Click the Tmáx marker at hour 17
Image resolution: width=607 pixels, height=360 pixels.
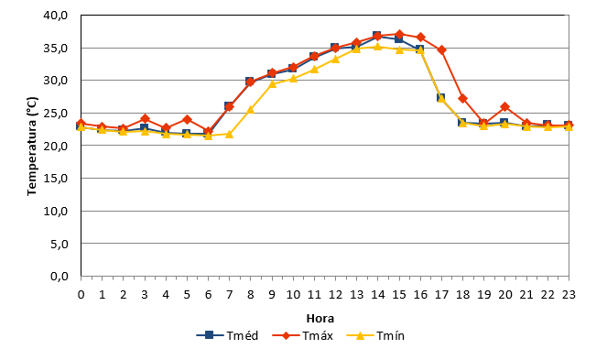tap(441, 50)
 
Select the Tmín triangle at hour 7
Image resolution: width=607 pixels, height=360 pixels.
tap(229, 134)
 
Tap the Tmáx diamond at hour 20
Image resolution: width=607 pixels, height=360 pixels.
tap(504, 106)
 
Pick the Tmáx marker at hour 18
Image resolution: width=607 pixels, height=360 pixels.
tap(462, 98)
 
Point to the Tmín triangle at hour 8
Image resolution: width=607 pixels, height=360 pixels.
tap(251, 110)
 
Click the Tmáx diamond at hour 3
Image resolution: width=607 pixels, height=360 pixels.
tap(145, 118)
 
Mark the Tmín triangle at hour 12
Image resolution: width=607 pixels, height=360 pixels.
tap(335, 59)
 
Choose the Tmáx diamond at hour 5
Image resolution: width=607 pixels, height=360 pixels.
tap(187, 119)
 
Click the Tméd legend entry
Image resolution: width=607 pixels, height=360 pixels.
tap(227, 335)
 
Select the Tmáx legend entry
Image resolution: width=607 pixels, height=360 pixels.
tap(303, 335)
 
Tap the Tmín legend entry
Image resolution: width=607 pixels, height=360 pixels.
tap(375, 335)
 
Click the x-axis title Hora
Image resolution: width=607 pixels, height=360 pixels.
tap(320, 319)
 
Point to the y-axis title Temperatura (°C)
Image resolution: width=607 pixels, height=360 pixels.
tap(32, 146)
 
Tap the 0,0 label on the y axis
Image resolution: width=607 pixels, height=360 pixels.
tap(60, 277)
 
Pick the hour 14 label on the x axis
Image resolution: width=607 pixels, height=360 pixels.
tap(378, 295)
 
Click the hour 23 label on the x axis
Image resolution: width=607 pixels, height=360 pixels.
tap(569, 295)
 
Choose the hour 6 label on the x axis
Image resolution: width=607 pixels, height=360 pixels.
tap(208, 295)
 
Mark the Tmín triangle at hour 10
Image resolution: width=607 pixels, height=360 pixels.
tap(293, 78)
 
